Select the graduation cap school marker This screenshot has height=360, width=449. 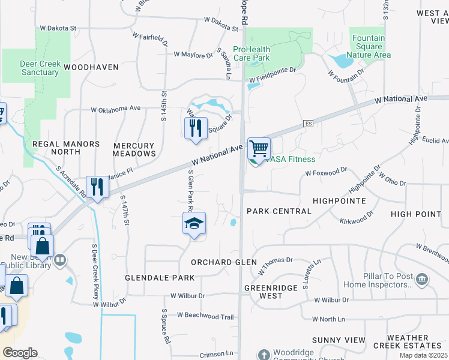tap(194, 224)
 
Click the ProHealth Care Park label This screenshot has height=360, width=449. tap(252, 53)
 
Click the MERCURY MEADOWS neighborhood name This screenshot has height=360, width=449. tap(134, 149)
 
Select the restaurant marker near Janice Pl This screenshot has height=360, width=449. tap(97, 187)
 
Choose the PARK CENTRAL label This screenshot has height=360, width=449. tap(279, 211)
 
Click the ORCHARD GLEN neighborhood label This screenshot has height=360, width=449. tap(224, 262)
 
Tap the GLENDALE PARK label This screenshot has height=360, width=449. tap(160, 278)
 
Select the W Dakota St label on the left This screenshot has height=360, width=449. tap(59, 28)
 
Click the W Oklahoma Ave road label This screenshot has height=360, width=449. tap(115, 109)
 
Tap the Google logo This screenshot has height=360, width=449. tap(20, 353)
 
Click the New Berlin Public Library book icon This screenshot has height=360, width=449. tap(60, 260)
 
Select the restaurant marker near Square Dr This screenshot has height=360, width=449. tap(196, 128)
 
